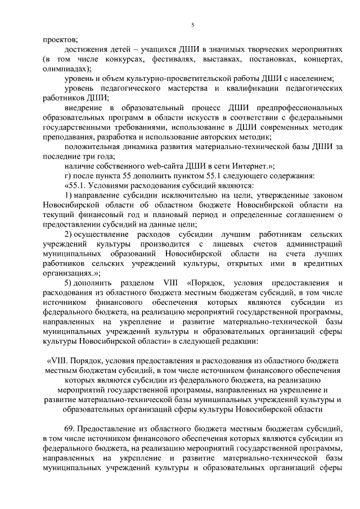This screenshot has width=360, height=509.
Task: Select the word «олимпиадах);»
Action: pyautogui.click(x=65, y=69)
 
